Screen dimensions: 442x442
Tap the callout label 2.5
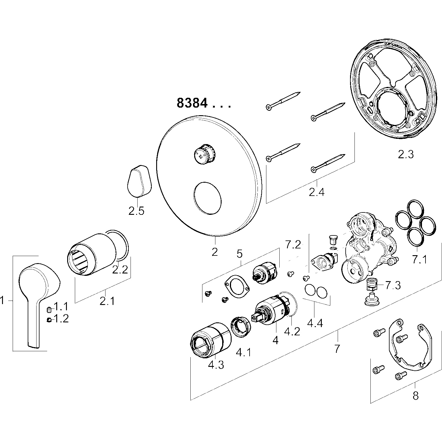(136, 211)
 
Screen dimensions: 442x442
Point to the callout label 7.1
(419, 260)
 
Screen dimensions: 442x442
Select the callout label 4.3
(216, 365)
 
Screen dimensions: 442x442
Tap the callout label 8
(415, 395)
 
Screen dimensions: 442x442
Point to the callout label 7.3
(393, 285)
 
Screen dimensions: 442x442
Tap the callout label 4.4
(315, 323)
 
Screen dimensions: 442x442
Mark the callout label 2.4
(316, 192)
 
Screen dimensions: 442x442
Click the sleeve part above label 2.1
(91, 254)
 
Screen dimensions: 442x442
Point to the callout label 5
(240, 253)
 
